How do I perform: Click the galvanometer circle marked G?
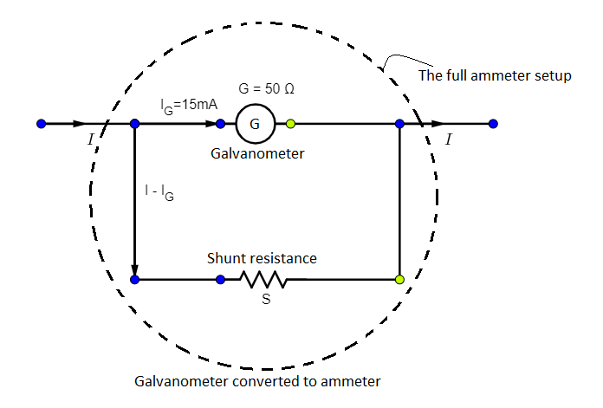254,124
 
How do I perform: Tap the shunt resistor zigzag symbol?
263,280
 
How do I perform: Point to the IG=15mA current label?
187,105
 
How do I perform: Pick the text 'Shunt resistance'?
262,258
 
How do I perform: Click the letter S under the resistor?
266,301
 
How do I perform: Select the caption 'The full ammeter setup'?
495,75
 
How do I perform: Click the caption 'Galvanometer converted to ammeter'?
257,381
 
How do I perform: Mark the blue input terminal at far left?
41,124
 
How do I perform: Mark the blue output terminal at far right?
493,124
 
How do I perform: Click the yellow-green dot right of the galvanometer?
291,124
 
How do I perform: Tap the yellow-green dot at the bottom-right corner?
399,280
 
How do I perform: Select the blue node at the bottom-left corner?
134,280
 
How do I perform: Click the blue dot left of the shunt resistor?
221,280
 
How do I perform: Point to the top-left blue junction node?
134,124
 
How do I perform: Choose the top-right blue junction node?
399,124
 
